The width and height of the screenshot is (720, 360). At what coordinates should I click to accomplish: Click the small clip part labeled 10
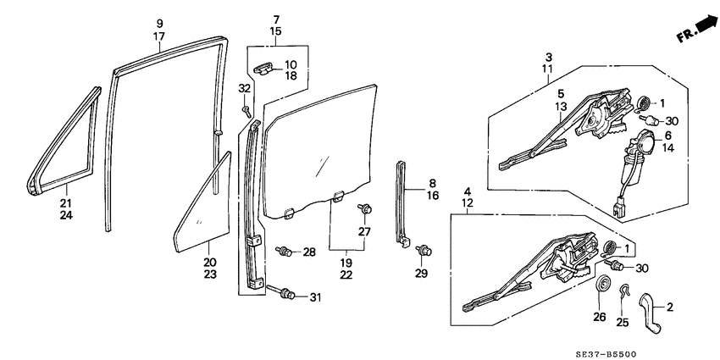click(264, 69)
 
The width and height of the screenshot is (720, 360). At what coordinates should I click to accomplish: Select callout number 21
click(65, 203)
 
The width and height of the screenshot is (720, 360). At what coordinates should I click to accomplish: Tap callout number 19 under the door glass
click(346, 262)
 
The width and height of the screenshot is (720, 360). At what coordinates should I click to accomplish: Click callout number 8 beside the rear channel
click(432, 183)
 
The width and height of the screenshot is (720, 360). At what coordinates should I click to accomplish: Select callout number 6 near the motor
click(668, 136)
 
